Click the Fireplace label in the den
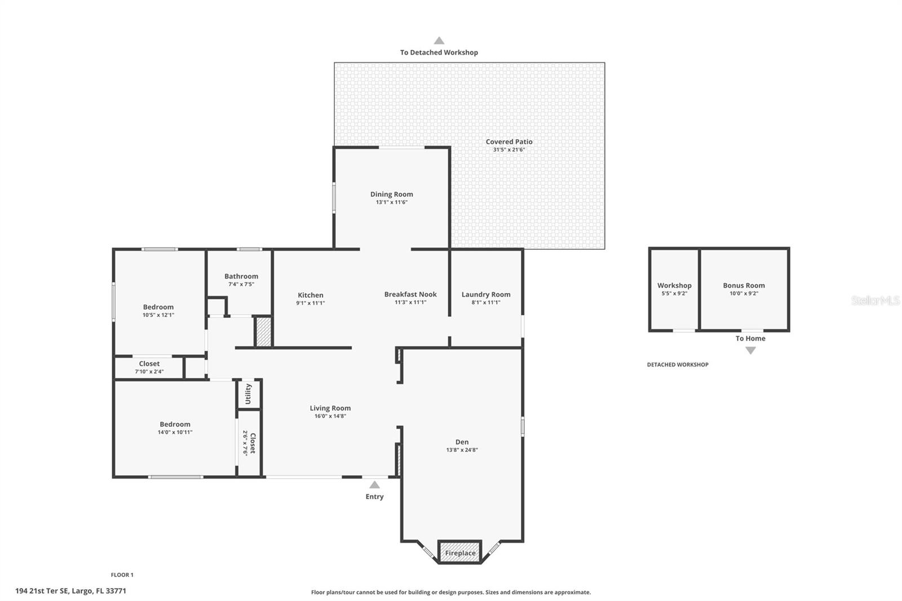tap(460, 553)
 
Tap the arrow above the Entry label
tap(374, 485)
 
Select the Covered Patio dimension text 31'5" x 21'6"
tap(509, 150)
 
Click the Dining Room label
tap(391, 194)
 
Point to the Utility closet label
tap(248, 394)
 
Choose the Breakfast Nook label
tap(410, 294)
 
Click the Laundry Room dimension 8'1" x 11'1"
tap(486, 303)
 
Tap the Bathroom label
tap(241, 276)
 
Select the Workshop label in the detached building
tap(674, 285)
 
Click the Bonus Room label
tap(744, 285)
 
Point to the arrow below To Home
tap(750, 351)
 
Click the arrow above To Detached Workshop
tap(439, 41)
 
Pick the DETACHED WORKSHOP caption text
tap(678, 365)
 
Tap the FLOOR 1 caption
tap(122, 575)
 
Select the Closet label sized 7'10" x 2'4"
tap(149, 364)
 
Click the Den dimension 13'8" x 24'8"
tap(462, 450)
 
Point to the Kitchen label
tap(311, 295)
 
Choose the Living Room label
tap(330, 408)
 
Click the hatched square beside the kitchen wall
tap(263, 332)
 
